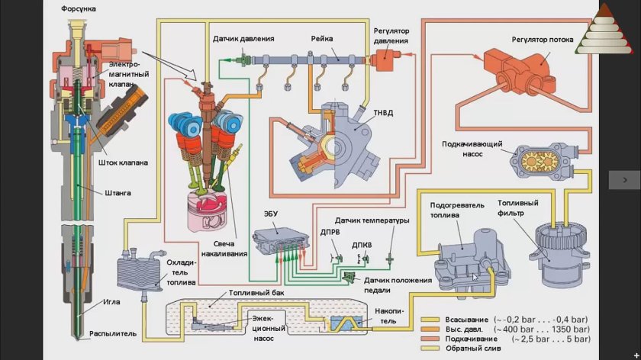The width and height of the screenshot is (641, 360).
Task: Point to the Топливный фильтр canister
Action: pos(559,252)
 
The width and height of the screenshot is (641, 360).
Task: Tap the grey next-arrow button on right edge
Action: pos(624,179)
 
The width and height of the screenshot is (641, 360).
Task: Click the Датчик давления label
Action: pos(243,38)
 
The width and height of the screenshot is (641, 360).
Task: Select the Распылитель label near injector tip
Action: pos(112,333)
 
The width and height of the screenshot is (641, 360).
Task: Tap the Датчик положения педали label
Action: pos(398,284)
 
